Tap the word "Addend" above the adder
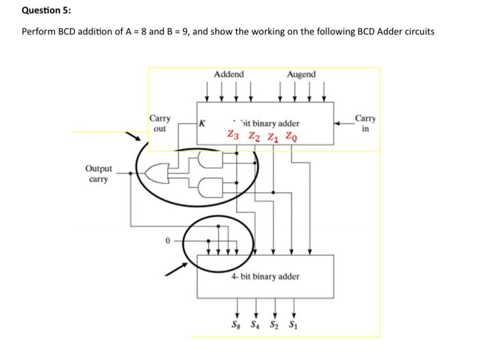[x=229, y=74]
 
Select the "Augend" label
[x=302, y=74]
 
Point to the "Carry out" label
[x=160, y=123]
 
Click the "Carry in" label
[x=367, y=123]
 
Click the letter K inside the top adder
[x=201, y=124]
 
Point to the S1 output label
[x=294, y=324]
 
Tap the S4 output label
[x=257, y=324]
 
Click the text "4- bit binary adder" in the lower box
[x=265, y=277]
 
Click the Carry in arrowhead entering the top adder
[x=338, y=124]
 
